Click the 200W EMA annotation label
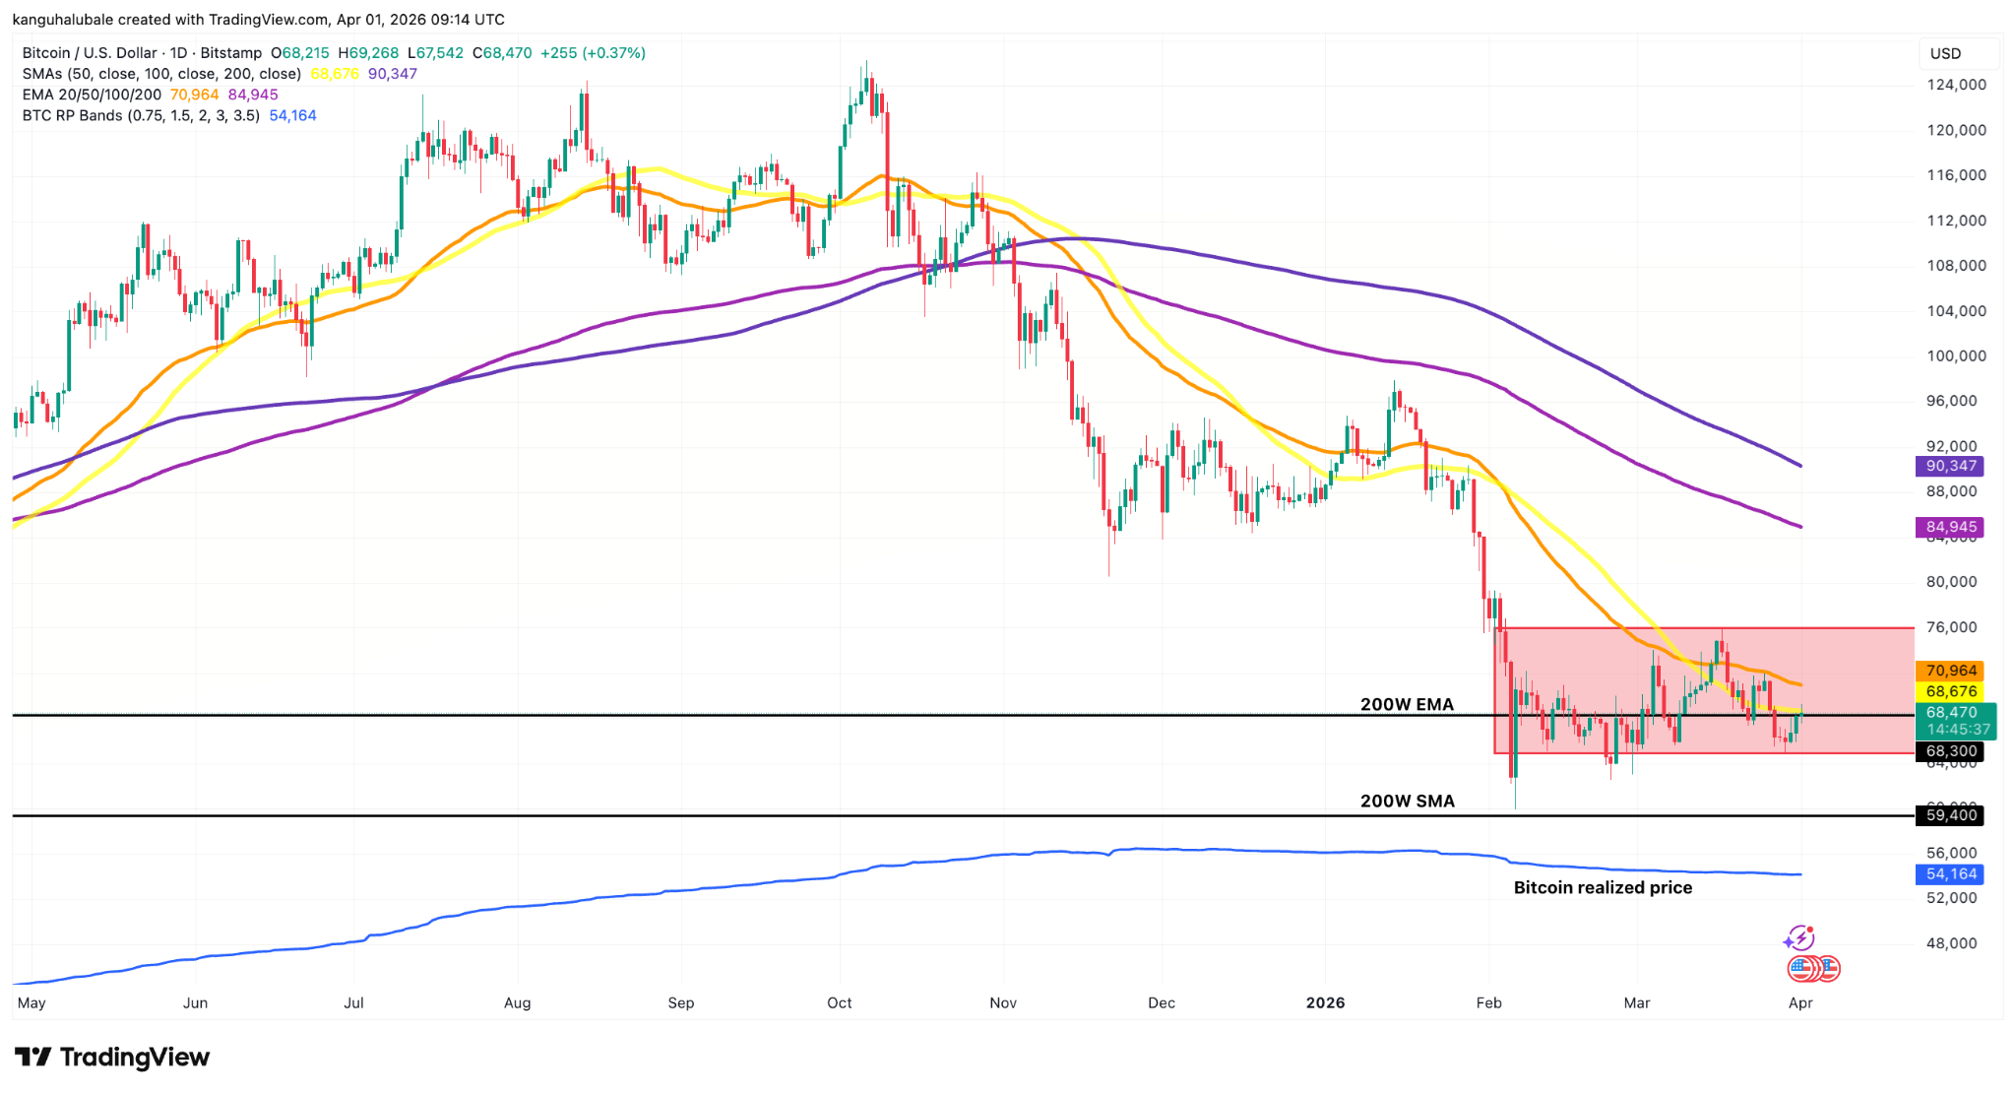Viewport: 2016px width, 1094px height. click(1407, 704)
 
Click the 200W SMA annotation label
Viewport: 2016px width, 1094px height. click(1407, 801)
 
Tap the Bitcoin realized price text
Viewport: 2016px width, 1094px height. click(1603, 887)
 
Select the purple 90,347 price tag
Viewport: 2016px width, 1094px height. click(1950, 466)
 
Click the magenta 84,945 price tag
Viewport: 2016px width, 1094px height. click(1950, 527)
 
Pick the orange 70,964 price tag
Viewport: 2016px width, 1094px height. click(1950, 671)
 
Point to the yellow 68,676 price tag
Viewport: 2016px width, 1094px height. click(1950, 691)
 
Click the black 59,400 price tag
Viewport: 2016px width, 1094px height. click(1950, 814)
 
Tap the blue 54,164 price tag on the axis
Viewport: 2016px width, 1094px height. click(1950, 873)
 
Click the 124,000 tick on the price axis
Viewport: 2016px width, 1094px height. click(1955, 85)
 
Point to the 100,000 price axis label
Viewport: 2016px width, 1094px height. click(1955, 355)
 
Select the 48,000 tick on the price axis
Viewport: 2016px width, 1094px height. click(1950, 942)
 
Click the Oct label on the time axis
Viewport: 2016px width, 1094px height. click(839, 1002)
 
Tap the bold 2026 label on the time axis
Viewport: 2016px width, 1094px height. click(1325, 1002)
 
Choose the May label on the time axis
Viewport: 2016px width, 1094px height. click(31, 1002)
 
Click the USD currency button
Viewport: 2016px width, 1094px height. click(1945, 53)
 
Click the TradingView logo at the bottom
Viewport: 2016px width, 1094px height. click(112, 1057)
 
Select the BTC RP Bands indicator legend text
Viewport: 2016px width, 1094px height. click(141, 115)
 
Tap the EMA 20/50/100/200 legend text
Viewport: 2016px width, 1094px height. click(92, 95)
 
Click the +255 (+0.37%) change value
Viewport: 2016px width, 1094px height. click(590, 53)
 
